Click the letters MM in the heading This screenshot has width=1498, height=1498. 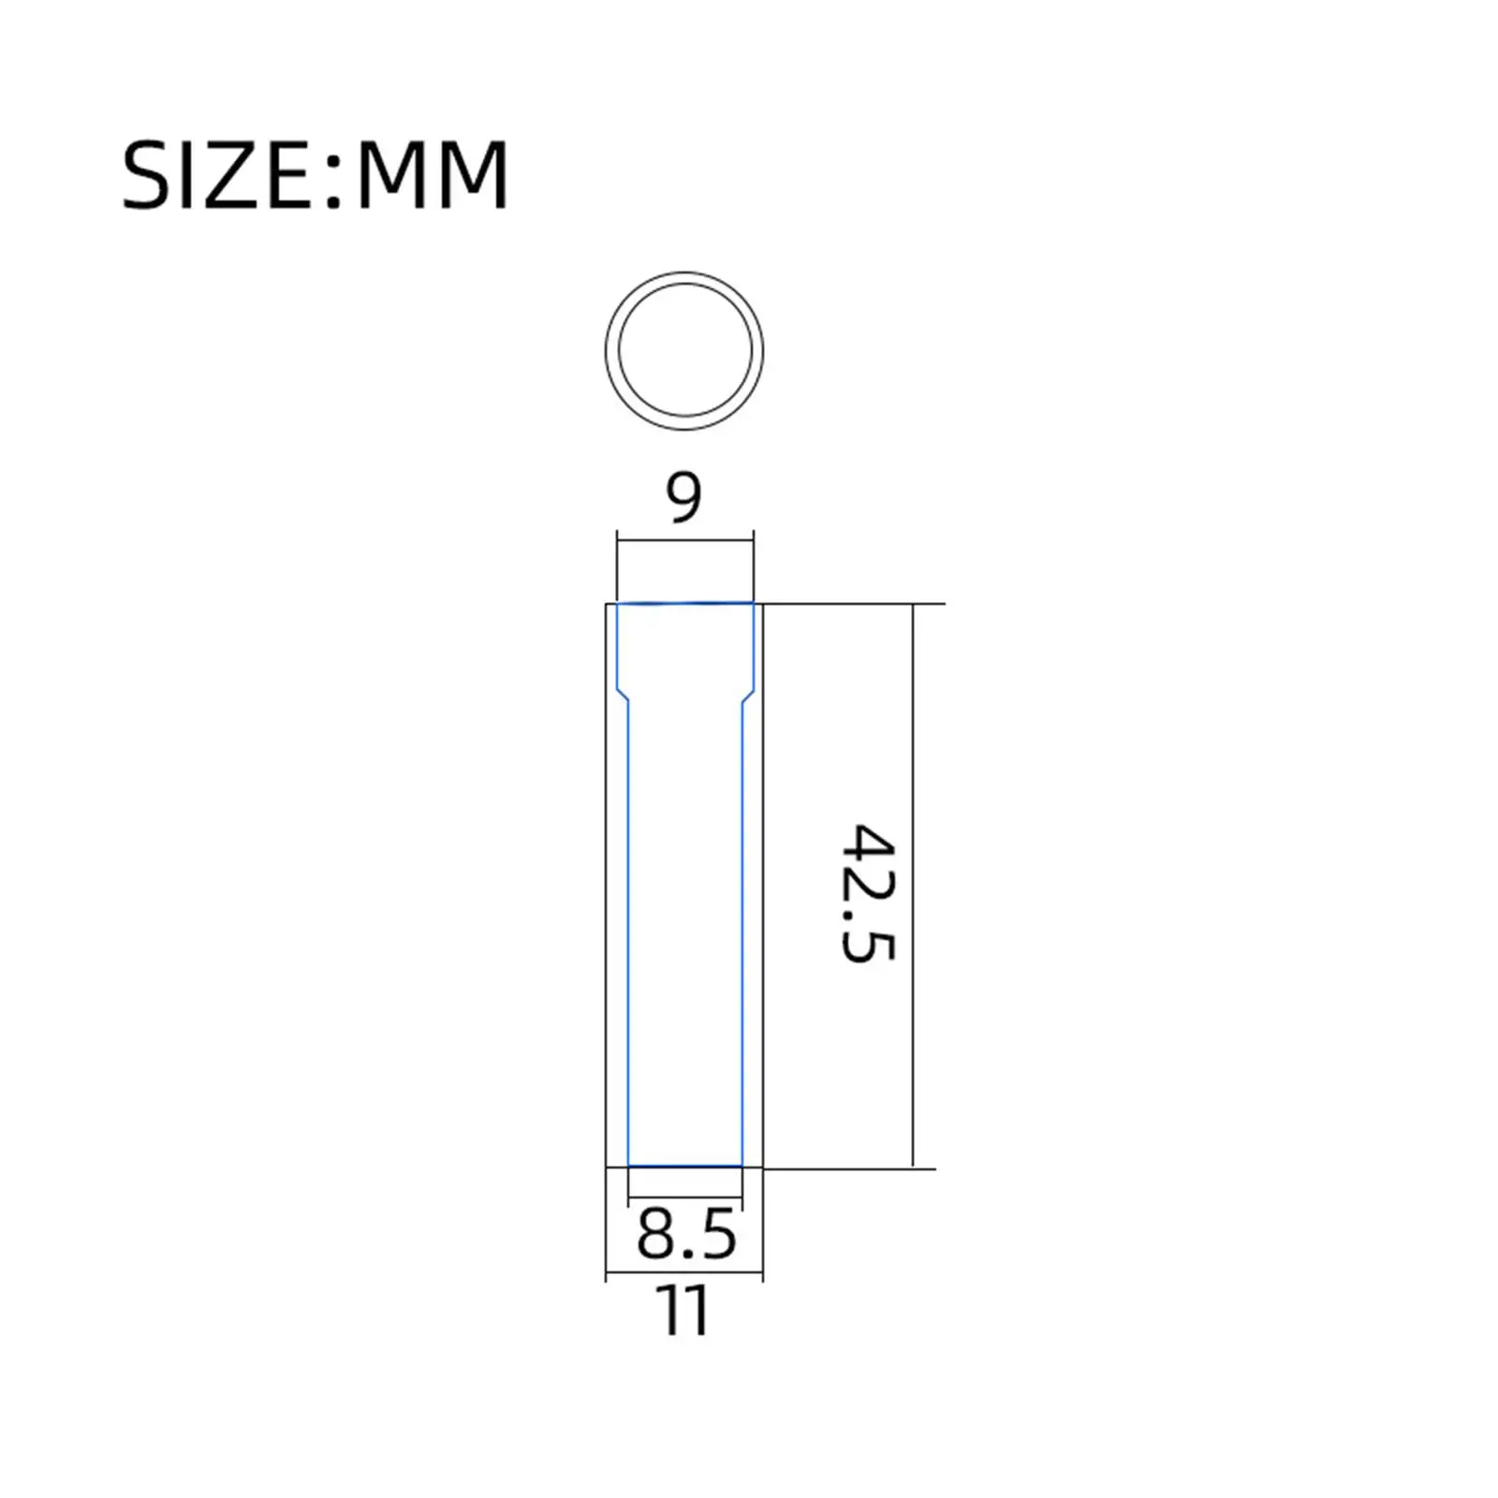click(433, 175)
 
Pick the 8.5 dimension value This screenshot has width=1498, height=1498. click(686, 1233)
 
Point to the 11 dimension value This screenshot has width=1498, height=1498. click(684, 1310)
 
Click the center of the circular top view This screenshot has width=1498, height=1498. click(684, 351)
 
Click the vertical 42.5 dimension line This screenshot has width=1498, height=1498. click(913, 885)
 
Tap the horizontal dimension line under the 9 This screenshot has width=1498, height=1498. click(685, 538)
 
